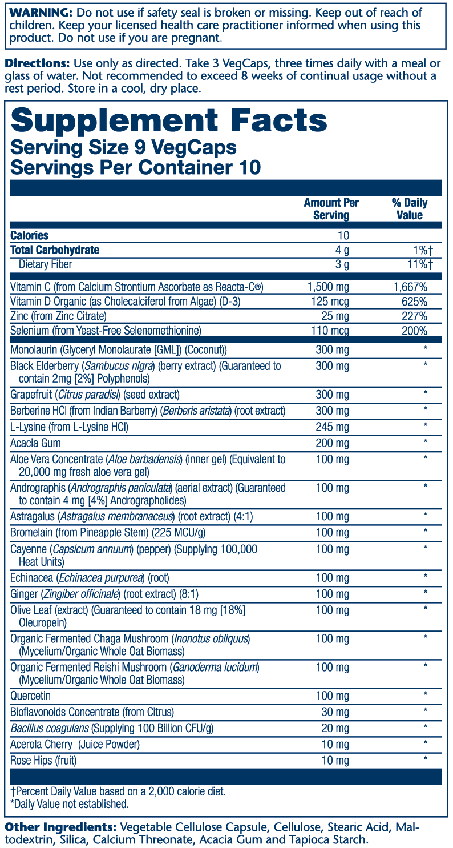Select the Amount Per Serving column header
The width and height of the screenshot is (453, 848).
click(x=331, y=209)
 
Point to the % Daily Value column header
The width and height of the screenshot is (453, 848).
click(x=409, y=209)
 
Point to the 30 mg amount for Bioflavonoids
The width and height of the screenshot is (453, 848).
click(x=334, y=712)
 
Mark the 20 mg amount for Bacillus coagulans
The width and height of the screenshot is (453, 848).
click(x=334, y=728)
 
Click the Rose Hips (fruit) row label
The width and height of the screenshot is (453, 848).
click(x=43, y=761)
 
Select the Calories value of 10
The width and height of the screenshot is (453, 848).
click(x=343, y=235)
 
